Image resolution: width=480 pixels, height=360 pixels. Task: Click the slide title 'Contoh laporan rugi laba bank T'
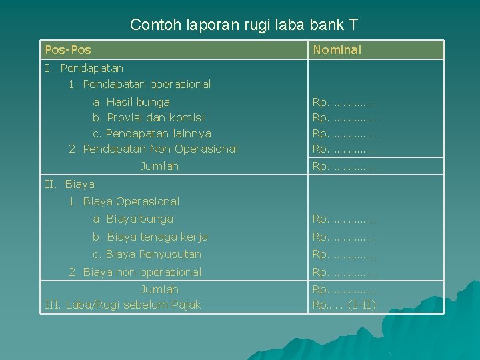pyautogui.click(x=244, y=25)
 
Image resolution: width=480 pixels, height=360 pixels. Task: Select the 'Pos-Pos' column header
pyautogui.click(x=68, y=50)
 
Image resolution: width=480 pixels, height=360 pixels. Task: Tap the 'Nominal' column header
pyautogui.click(x=337, y=50)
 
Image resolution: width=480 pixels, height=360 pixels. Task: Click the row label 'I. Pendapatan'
pyautogui.click(x=84, y=68)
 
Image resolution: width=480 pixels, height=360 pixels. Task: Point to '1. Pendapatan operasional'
pyautogui.click(x=139, y=84)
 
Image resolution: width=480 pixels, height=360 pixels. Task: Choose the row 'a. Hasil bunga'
pyautogui.click(x=131, y=102)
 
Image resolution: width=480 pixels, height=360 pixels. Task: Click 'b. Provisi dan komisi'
pyautogui.click(x=149, y=117)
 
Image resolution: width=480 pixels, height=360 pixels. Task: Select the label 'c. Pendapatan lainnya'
pyautogui.click(x=152, y=133)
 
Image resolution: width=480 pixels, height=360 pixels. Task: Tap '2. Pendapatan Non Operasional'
pyautogui.click(x=153, y=149)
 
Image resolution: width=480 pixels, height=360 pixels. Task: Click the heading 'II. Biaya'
pyautogui.click(x=69, y=184)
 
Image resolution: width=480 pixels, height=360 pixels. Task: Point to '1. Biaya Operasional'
pyautogui.click(x=124, y=201)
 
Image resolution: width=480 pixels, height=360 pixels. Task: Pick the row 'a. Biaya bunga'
pyautogui.click(x=133, y=219)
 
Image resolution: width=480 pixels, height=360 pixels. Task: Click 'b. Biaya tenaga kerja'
pyautogui.click(x=150, y=237)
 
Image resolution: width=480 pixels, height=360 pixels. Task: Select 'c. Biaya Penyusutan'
pyautogui.click(x=147, y=254)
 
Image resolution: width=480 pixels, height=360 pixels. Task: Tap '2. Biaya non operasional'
pyautogui.click(x=135, y=272)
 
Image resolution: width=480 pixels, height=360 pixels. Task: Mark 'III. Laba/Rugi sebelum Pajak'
pyautogui.click(x=123, y=305)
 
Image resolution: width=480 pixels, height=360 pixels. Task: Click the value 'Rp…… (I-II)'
pyautogui.click(x=344, y=305)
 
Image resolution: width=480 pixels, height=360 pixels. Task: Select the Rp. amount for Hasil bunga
pyautogui.click(x=345, y=102)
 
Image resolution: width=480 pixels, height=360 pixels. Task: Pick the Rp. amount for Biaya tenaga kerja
pyautogui.click(x=345, y=237)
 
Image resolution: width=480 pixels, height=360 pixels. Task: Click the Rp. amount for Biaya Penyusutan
pyautogui.click(x=345, y=254)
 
